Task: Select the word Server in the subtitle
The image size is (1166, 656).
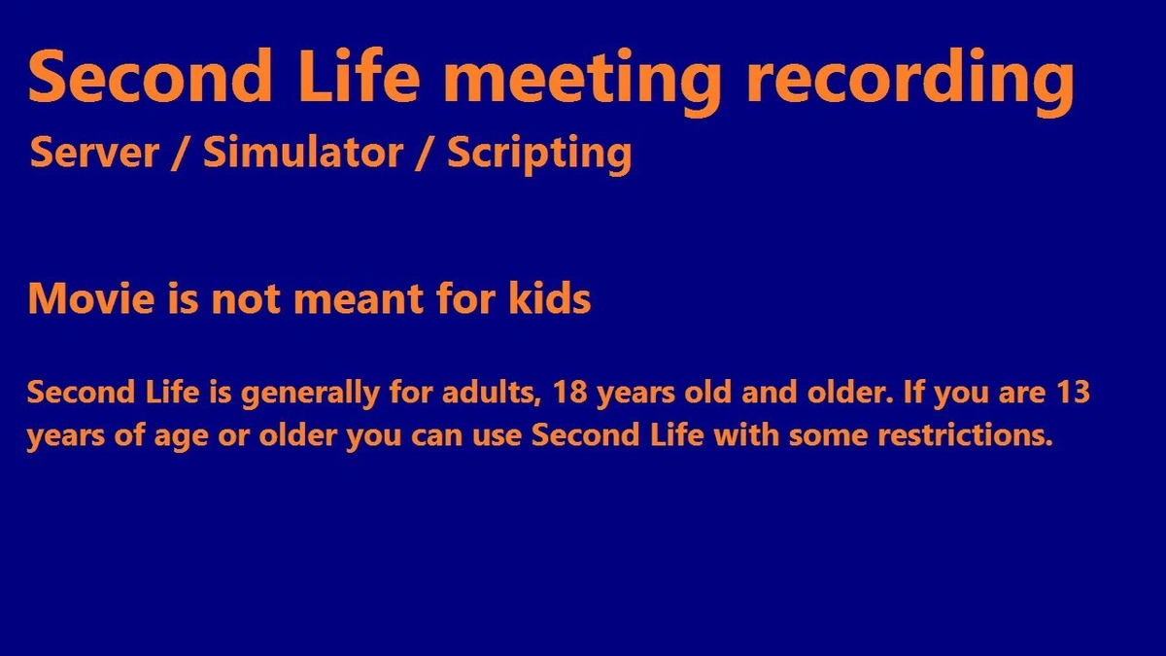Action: (94, 152)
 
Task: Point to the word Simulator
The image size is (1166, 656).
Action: (303, 151)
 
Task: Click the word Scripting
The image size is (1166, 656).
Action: (539, 155)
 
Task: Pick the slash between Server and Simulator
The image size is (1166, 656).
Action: (179, 153)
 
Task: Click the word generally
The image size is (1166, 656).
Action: (310, 395)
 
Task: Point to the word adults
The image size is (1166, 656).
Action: (492, 393)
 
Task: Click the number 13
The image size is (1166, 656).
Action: (1074, 392)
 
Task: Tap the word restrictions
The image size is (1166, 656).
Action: (965, 435)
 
